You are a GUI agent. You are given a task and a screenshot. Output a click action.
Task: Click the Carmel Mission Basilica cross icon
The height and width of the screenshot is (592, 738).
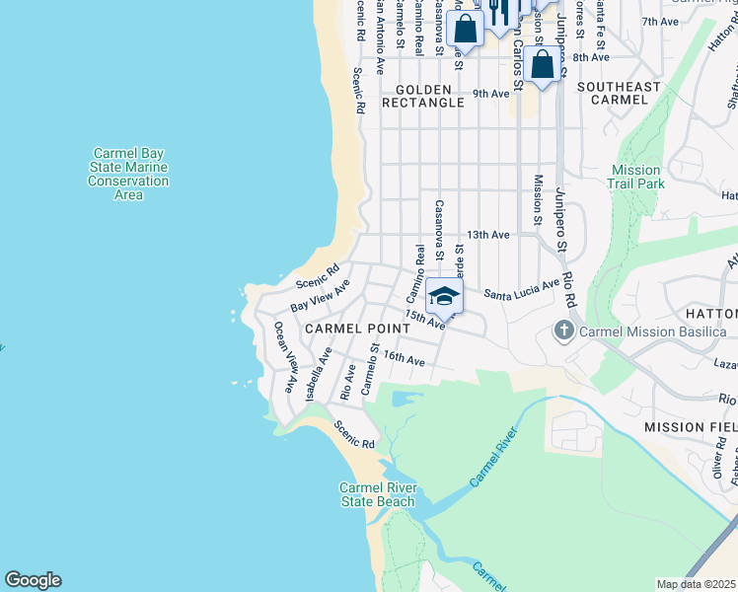click(564, 331)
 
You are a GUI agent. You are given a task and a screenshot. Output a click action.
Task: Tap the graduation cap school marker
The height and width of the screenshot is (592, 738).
click(445, 296)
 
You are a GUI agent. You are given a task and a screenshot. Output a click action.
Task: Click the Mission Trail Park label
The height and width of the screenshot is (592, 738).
click(637, 177)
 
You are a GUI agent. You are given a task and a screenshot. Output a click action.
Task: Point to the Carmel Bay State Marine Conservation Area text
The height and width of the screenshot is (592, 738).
click(128, 174)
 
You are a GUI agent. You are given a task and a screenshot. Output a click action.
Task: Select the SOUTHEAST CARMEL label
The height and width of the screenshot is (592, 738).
click(620, 94)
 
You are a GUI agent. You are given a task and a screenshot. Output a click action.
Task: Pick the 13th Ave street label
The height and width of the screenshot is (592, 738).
click(488, 235)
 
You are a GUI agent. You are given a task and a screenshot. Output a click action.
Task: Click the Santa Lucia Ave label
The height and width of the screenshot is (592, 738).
click(522, 289)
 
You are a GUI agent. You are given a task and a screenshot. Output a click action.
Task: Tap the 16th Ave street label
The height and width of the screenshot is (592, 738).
click(404, 359)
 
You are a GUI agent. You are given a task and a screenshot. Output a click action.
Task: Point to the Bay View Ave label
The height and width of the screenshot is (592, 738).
click(321, 293)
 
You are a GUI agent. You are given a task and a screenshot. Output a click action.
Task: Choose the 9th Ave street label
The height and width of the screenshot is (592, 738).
click(490, 94)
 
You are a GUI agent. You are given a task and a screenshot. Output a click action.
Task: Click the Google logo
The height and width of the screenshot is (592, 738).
click(33, 580)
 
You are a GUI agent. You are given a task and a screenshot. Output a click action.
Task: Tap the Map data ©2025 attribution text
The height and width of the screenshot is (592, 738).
click(697, 584)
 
